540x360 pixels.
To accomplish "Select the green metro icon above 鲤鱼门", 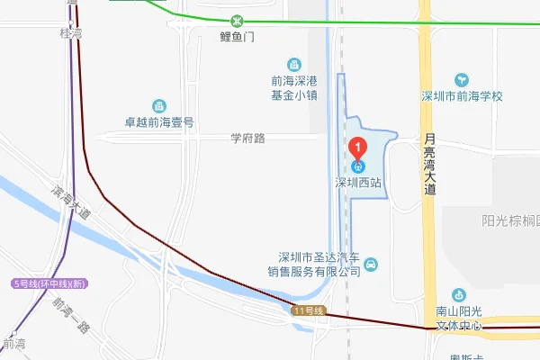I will [x=238, y=22].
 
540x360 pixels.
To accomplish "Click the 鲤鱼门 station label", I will [x=238, y=37].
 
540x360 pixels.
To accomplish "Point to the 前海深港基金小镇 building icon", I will [x=293, y=64].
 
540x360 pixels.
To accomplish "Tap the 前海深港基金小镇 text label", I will [x=293, y=88].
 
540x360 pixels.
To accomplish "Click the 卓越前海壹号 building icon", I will [x=159, y=106].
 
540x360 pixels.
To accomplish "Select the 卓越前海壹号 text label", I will [x=160, y=122].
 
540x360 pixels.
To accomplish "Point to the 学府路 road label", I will [x=247, y=139].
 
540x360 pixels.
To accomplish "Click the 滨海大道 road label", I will [x=72, y=203].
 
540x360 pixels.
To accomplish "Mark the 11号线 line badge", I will [x=307, y=310].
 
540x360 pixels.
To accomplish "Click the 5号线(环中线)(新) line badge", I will [x=49, y=283].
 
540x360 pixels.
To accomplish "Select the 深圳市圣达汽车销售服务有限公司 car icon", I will [x=373, y=265].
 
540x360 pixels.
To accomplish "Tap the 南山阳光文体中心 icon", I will [x=460, y=294].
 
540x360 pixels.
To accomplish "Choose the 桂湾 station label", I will [x=71, y=33].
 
